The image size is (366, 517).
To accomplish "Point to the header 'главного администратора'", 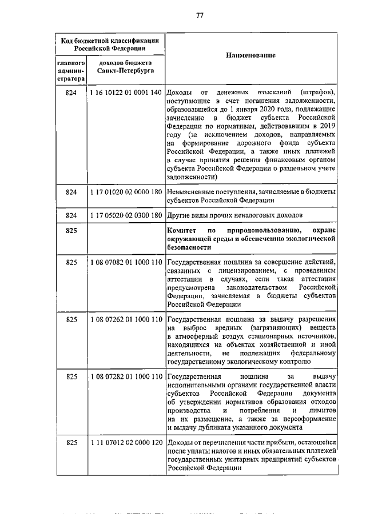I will point(71,71).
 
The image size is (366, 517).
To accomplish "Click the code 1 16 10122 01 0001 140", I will point(126,93).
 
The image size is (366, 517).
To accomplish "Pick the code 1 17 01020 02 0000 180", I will point(126,193).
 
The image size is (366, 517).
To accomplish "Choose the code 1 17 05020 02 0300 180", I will point(126,215).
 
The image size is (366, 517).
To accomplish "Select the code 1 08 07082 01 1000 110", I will point(126,262).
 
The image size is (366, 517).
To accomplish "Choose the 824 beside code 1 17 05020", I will point(71,215).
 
